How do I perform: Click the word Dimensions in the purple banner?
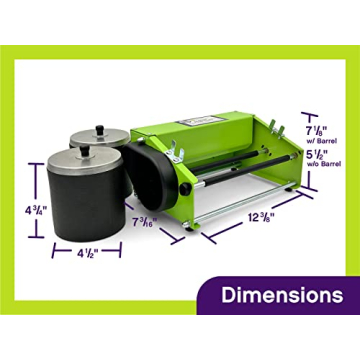(282, 295)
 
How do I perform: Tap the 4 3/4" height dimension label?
(36, 210)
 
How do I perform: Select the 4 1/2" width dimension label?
(87, 253)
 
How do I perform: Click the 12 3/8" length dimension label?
(261, 217)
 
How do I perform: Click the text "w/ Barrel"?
(323, 141)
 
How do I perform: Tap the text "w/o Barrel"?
(325, 164)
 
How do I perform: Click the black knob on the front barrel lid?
(85, 150)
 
